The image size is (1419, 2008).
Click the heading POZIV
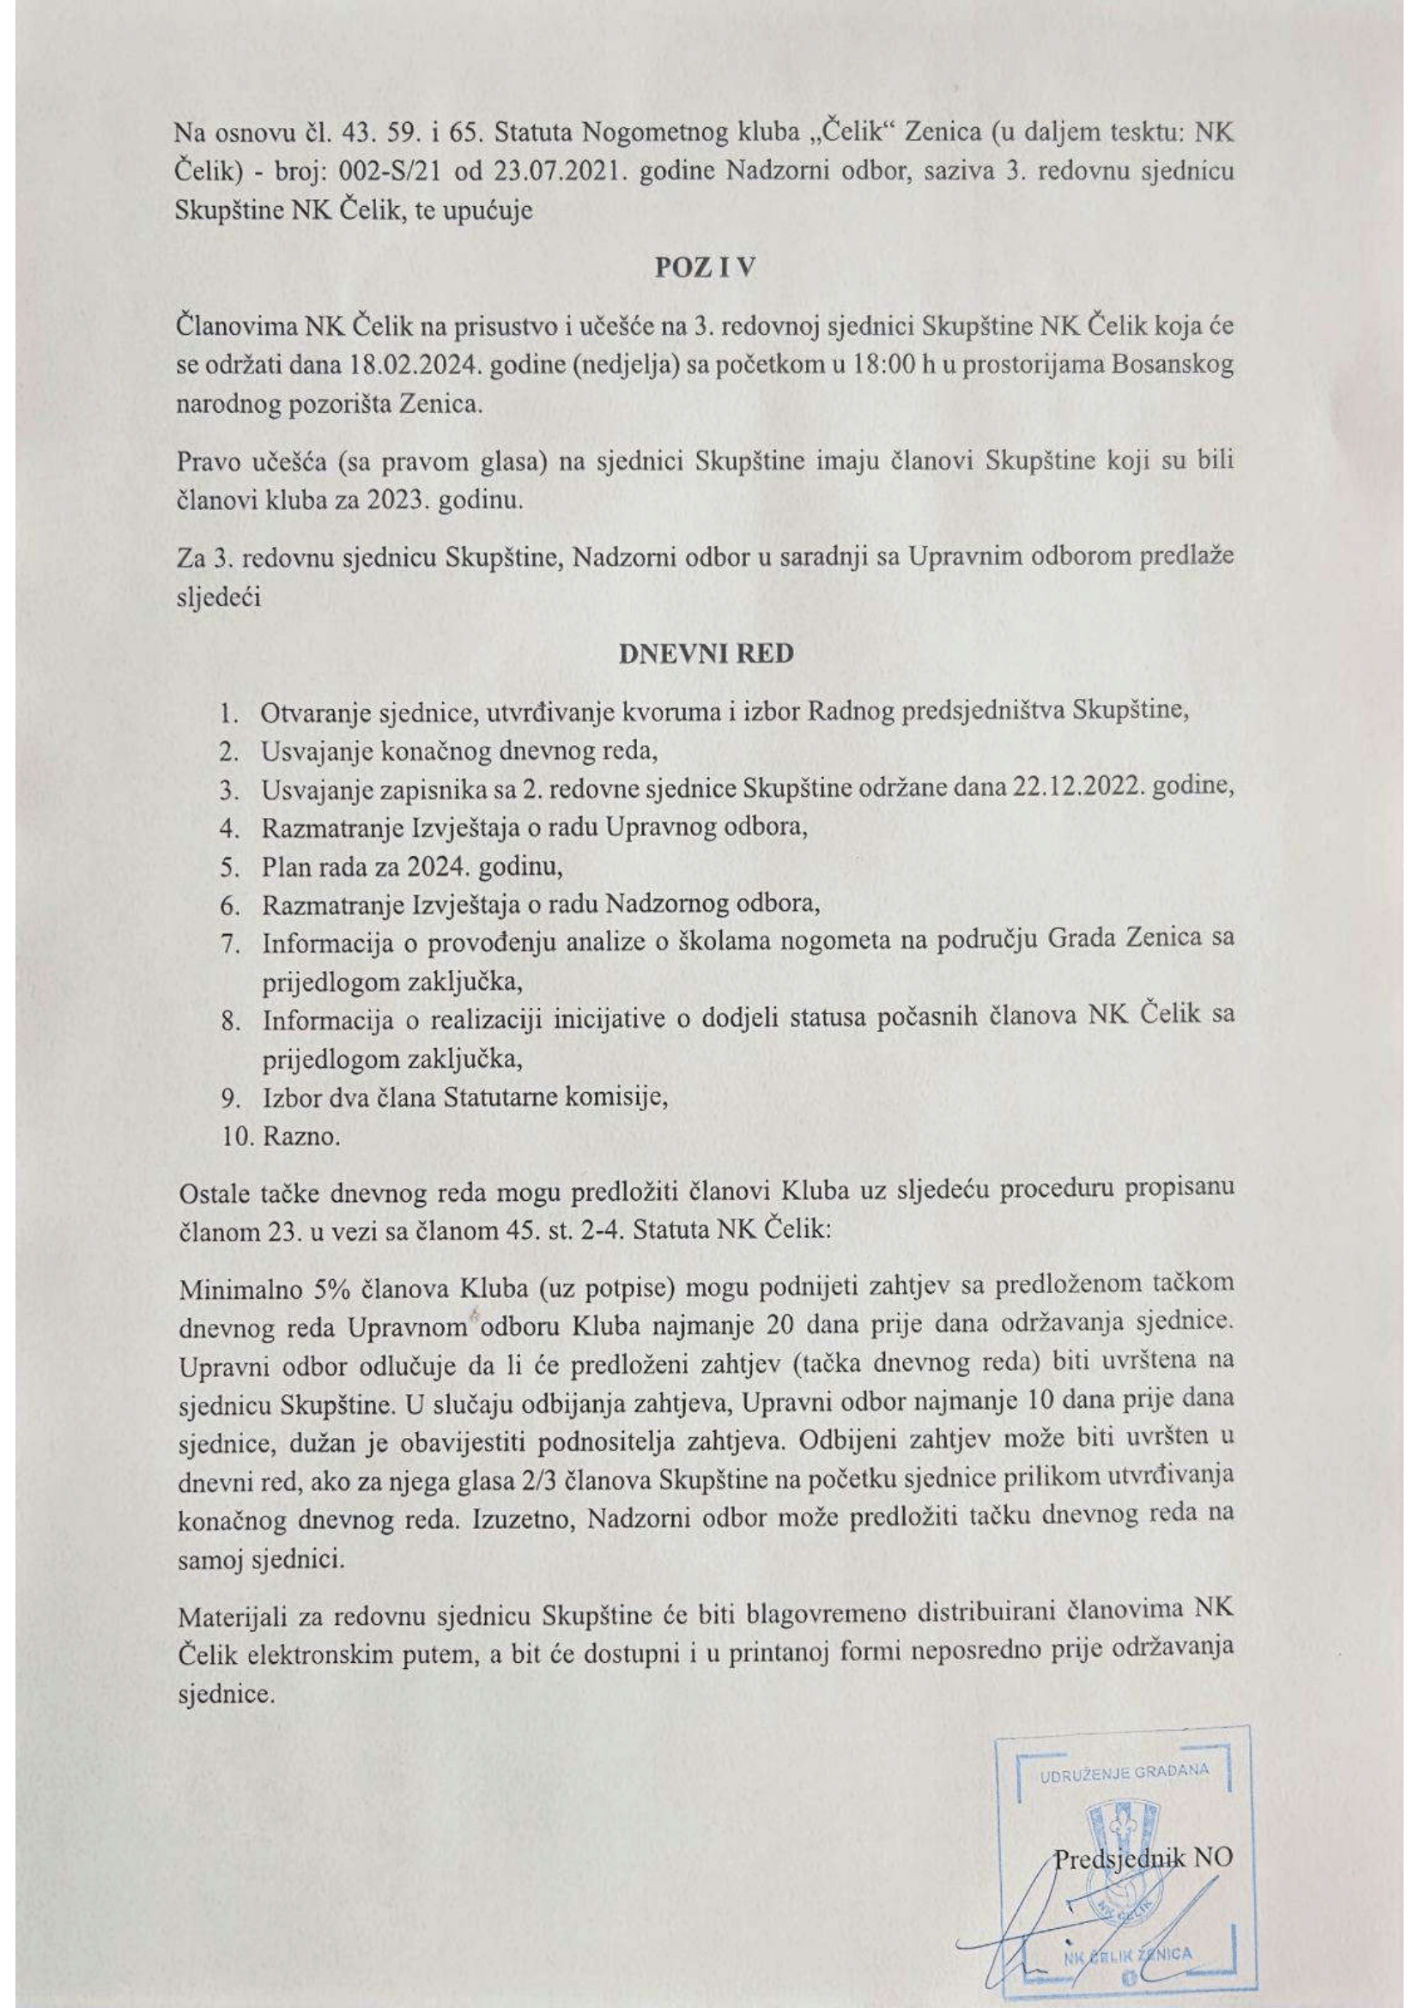[x=705, y=268]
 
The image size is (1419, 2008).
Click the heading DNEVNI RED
[x=706, y=653]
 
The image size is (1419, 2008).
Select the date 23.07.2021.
[x=558, y=171]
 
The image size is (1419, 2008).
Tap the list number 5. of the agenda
[x=230, y=867]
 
